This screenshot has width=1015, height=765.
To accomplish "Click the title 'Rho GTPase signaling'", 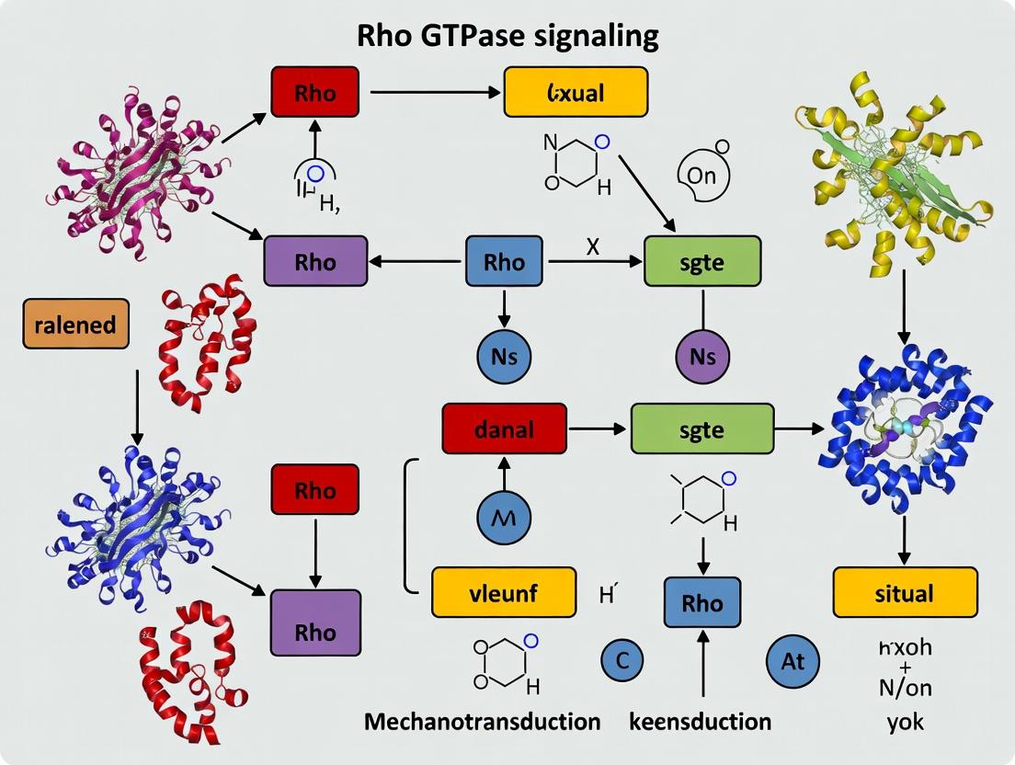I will pos(507,36).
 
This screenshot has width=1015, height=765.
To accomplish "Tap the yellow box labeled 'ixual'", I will pos(576,92).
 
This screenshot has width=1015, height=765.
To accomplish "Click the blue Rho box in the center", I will pos(504,262).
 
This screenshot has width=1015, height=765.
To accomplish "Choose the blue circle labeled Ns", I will pos(504,357).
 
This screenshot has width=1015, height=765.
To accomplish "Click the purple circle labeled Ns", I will pos(702,357).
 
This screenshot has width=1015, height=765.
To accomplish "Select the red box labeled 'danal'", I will pos(502,428).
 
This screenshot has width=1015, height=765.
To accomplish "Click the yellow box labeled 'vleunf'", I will pos(504,592).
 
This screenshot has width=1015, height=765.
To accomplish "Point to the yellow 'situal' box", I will pos(905,592).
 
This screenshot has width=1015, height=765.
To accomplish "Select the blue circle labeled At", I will pos(793,660).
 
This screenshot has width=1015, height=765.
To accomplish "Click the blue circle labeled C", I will pos(622,660).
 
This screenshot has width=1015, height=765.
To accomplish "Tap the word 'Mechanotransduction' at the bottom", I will pos(483,721).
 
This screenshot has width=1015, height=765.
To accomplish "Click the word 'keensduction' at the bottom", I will pos(700,721).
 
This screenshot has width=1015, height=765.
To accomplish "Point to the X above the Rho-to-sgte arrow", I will pos(593,245).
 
